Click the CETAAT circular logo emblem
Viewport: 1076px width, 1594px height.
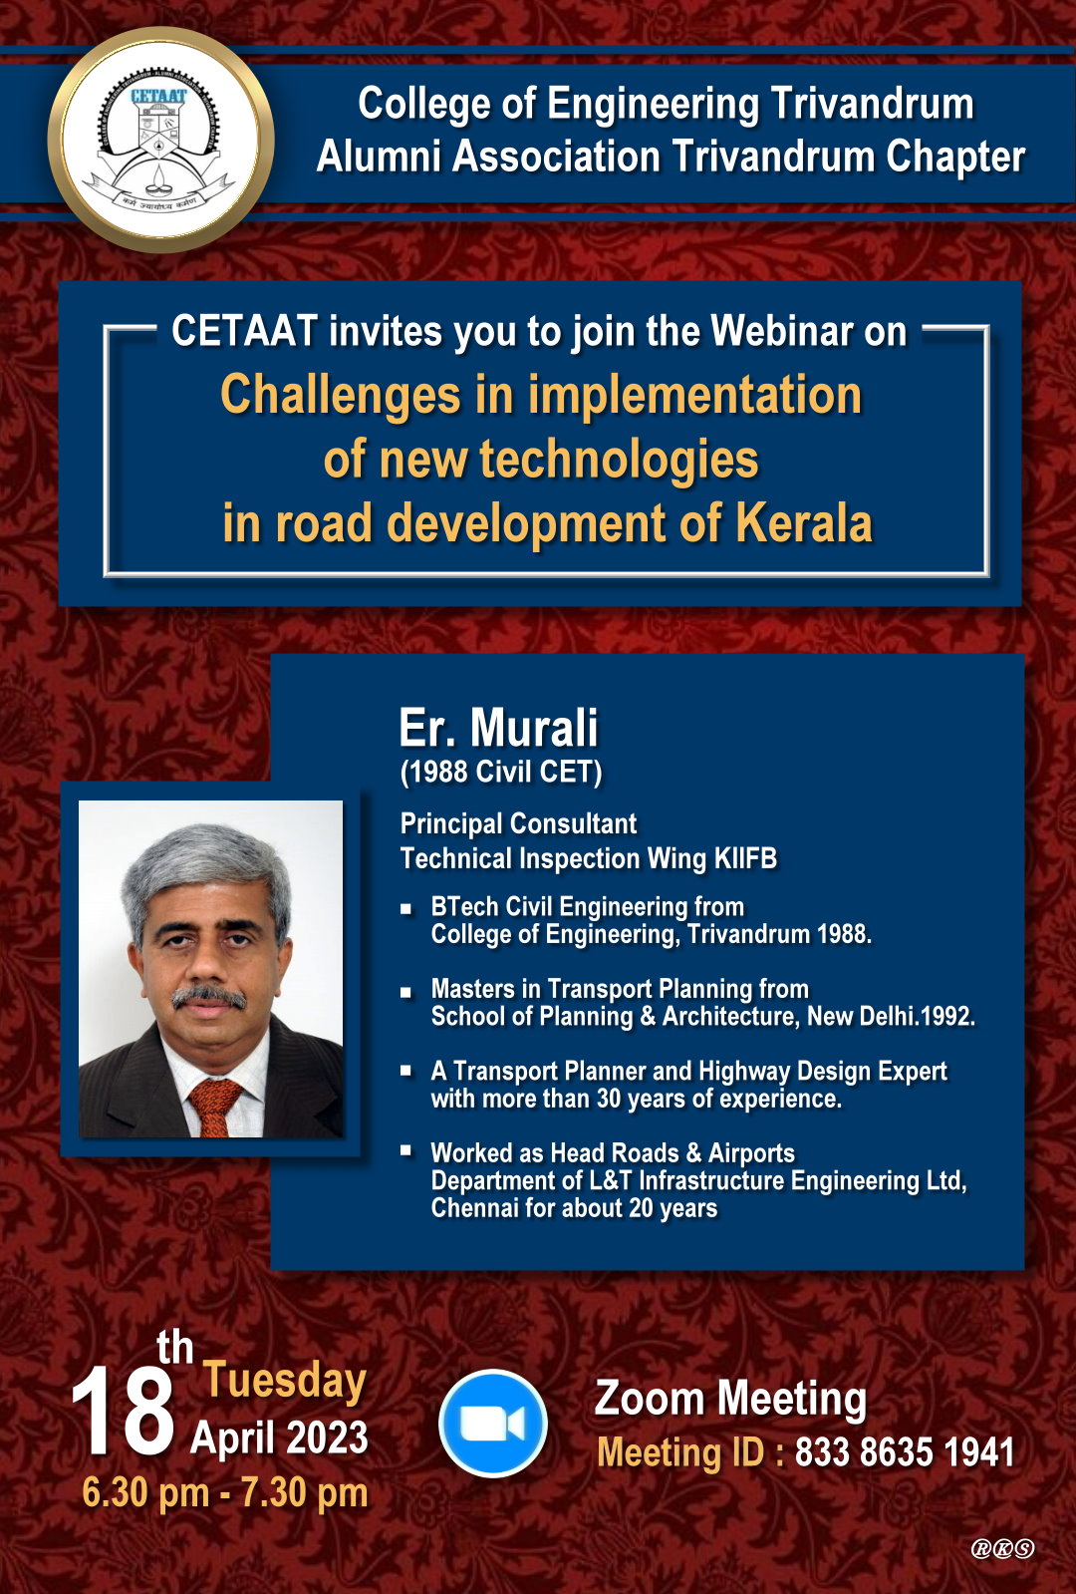(x=160, y=140)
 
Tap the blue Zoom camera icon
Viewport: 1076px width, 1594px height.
(x=493, y=1424)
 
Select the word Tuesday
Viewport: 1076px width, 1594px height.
(x=285, y=1383)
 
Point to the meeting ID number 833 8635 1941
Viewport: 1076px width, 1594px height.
(x=904, y=1451)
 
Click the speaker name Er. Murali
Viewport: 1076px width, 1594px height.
(x=498, y=728)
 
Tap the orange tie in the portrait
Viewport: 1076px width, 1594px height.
(x=215, y=1107)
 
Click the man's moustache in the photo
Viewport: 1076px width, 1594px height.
(x=209, y=997)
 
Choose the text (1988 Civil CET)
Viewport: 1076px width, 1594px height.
(x=501, y=773)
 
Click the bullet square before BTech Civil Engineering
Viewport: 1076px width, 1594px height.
(x=406, y=909)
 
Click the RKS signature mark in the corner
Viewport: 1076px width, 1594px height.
(x=1002, y=1548)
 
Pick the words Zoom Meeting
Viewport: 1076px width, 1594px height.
(x=731, y=1399)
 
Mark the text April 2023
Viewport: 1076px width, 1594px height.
(x=279, y=1437)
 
